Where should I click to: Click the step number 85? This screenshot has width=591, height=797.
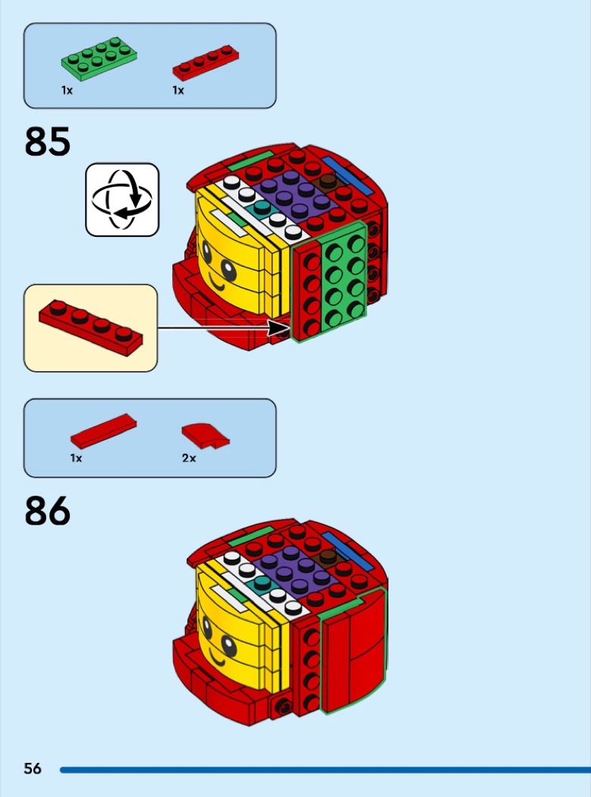tap(47, 141)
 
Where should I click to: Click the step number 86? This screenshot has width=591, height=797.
tap(47, 511)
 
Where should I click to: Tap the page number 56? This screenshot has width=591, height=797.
tap(33, 768)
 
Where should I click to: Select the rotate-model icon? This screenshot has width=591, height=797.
tap(122, 200)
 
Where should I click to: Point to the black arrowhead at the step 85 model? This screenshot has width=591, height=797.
tap(281, 328)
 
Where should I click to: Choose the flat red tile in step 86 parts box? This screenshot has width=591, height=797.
tap(103, 430)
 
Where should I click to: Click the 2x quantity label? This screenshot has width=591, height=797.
tap(189, 458)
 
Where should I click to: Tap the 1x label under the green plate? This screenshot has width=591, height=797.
tap(67, 90)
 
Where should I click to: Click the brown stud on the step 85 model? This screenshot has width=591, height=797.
tap(328, 181)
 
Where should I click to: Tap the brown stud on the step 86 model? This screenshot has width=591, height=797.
tap(328, 556)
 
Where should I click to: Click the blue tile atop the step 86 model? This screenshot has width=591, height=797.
tap(347, 551)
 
